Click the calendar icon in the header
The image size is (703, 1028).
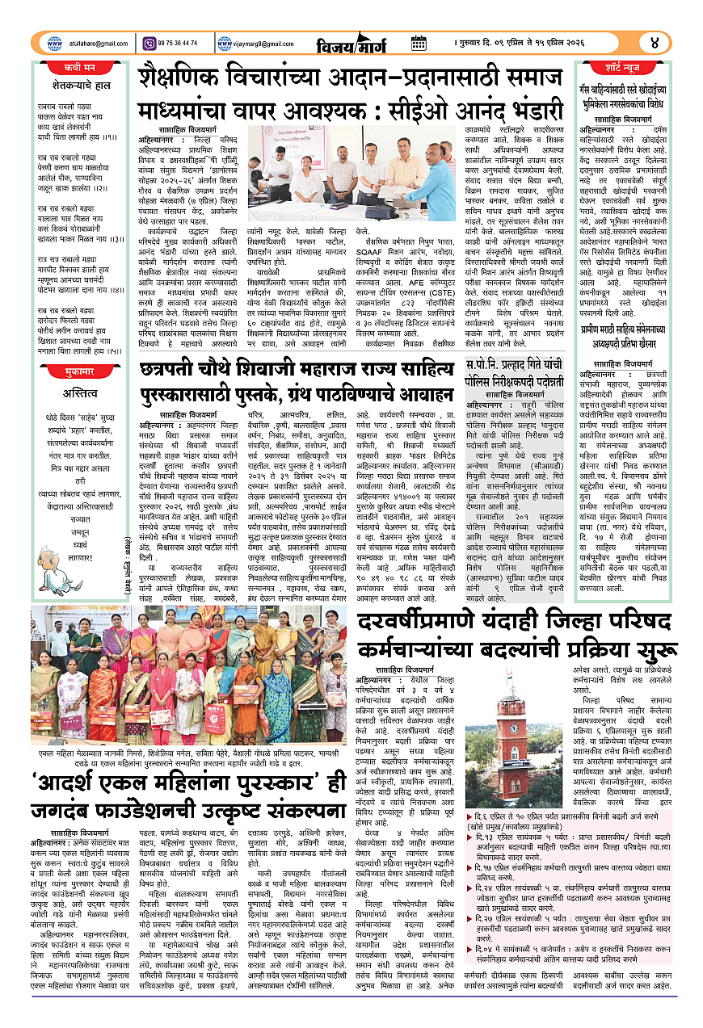click(x=418, y=43)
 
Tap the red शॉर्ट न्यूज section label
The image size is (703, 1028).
click(x=634, y=67)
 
